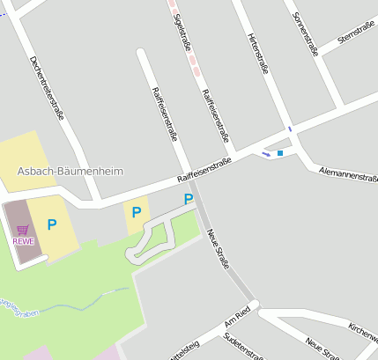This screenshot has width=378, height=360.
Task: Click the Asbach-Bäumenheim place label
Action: pyautogui.click(x=82, y=171)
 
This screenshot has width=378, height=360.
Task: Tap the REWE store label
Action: pyautogui.click(x=24, y=241)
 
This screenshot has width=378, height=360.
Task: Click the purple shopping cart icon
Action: pyautogui.click(x=23, y=230)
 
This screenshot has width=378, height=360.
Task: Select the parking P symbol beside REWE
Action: pyautogui.click(x=51, y=225)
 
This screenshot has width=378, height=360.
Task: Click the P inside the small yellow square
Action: pyautogui.click(x=136, y=212)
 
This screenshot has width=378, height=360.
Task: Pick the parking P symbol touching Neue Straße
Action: pyautogui.click(x=189, y=200)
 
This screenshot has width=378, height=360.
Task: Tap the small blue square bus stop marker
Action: pyautogui.click(x=280, y=153)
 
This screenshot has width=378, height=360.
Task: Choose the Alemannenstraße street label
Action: pyautogui.click(x=348, y=174)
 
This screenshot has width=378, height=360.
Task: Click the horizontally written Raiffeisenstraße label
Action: pyautogui.click(x=204, y=170)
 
